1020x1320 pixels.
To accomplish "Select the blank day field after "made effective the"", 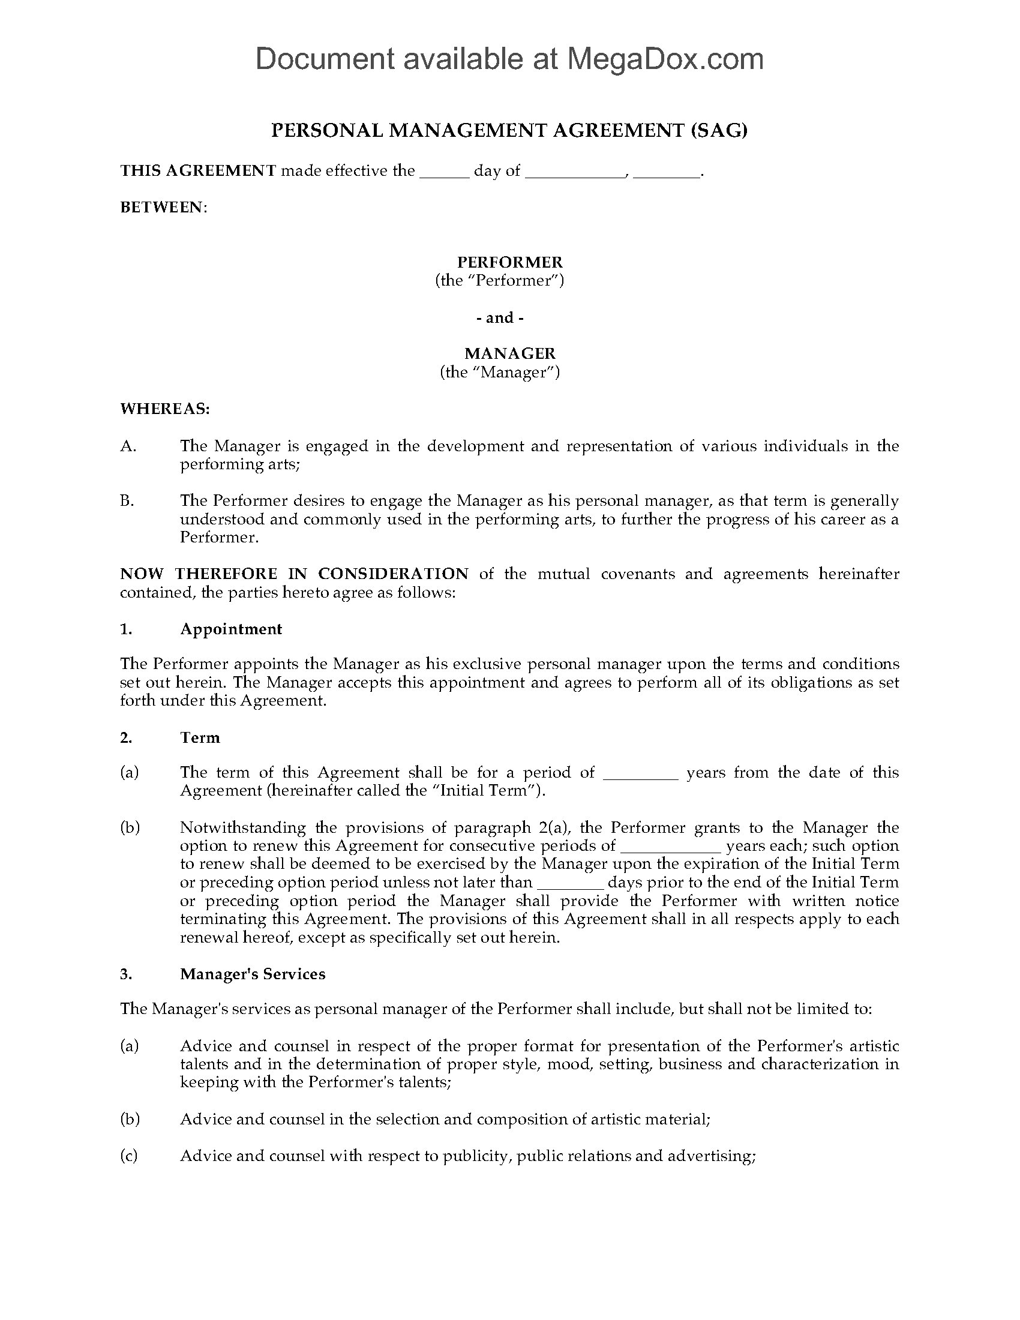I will point(444,172).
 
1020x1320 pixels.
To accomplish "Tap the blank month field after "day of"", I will point(575,172).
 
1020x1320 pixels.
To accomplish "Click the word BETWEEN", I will point(162,208).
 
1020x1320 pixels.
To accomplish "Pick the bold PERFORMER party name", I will point(509,262).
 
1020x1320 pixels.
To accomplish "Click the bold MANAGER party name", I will point(509,353).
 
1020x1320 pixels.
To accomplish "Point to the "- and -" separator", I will point(500,318).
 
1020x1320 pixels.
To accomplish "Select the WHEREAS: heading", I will point(165,409).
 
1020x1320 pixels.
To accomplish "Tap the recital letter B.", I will point(127,501).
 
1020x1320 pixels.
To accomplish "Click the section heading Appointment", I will point(231,629).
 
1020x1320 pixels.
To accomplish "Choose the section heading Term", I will point(200,738).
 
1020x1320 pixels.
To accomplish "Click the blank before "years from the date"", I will point(641,775).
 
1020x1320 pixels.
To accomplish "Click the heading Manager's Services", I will point(253,974).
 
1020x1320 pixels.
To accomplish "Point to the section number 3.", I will point(125,974).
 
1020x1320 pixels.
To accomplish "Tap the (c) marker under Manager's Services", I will point(129,1156).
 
